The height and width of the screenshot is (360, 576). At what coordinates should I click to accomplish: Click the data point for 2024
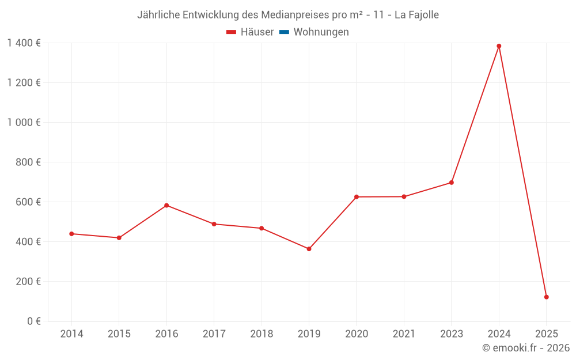tap(499, 46)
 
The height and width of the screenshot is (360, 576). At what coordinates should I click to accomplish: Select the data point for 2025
tap(546, 297)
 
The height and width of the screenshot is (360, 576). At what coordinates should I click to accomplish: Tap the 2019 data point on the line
tap(309, 249)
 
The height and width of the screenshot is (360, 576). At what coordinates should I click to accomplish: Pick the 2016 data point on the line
tap(166, 205)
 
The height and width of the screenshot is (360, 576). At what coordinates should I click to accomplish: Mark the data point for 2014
tap(71, 234)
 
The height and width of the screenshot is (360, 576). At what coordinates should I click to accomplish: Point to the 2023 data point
tap(452, 183)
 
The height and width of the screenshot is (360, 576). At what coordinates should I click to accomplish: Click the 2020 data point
tap(357, 197)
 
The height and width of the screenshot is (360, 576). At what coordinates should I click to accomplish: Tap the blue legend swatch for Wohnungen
tap(284, 32)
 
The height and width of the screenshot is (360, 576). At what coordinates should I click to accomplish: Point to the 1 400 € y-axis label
tap(24, 43)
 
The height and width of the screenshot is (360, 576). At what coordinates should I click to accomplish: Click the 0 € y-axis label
tap(34, 321)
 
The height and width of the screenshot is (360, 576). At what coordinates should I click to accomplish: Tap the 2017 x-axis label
tap(214, 334)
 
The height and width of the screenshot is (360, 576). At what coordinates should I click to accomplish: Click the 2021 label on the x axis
tap(404, 334)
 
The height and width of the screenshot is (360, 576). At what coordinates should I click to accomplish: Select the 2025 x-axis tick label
tap(546, 334)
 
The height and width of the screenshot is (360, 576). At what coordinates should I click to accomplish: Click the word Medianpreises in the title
tap(297, 15)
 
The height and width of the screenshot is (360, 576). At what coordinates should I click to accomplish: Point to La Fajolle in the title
tap(416, 15)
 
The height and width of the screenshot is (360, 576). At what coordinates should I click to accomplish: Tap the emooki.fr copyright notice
tap(526, 348)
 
